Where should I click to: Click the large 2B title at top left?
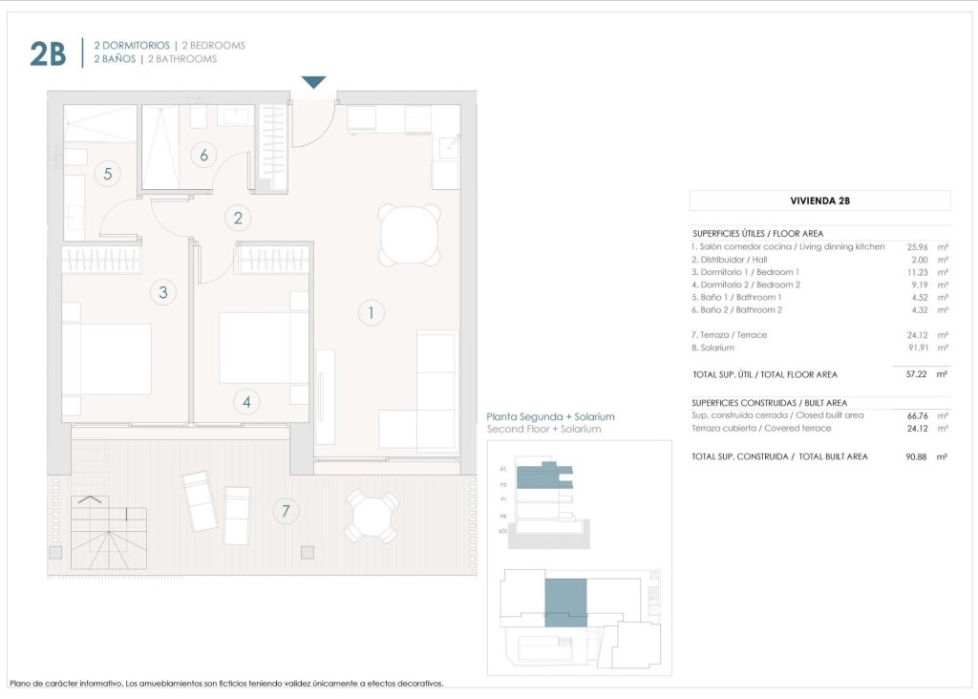[x=48, y=54]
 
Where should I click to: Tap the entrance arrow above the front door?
[x=313, y=82]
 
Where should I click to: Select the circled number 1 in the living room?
[x=370, y=311]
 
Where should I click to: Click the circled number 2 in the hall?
[x=238, y=218]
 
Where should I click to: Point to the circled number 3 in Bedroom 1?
[x=163, y=292]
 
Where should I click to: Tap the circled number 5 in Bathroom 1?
[x=108, y=174]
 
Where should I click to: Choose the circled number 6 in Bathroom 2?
[x=203, y=154]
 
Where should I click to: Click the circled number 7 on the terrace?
[x=284, y=511]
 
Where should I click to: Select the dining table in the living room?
[x=410, y=236]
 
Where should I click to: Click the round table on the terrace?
[x=372, y=517]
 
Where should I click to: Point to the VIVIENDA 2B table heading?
[x=819, y=201]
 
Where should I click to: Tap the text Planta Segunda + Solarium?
[x=550, y=417]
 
